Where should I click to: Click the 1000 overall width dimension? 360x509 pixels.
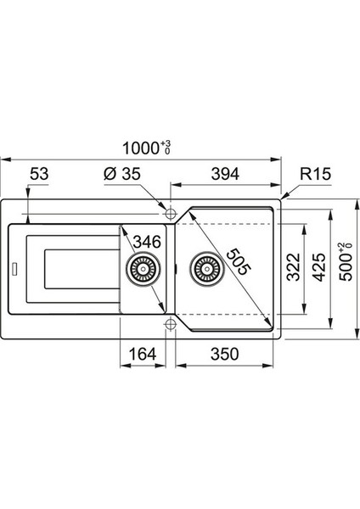click(x=147, y=148)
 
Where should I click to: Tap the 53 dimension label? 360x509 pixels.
click(x=39, y=174)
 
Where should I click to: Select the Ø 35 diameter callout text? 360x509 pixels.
click(x=122, y=174)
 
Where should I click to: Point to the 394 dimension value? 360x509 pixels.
click(x=225, y=174)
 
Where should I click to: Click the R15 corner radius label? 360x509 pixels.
click(x=315, y=174)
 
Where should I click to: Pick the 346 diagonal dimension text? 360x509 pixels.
click(x=147, y=242)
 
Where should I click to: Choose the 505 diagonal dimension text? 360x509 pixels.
click(x=239, y=261)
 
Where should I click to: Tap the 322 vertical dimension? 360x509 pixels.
click(x=294, y=267)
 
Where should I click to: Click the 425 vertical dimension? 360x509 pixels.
click(x=318, y=267)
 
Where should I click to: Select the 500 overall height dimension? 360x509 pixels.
click(x=346, y=261)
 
